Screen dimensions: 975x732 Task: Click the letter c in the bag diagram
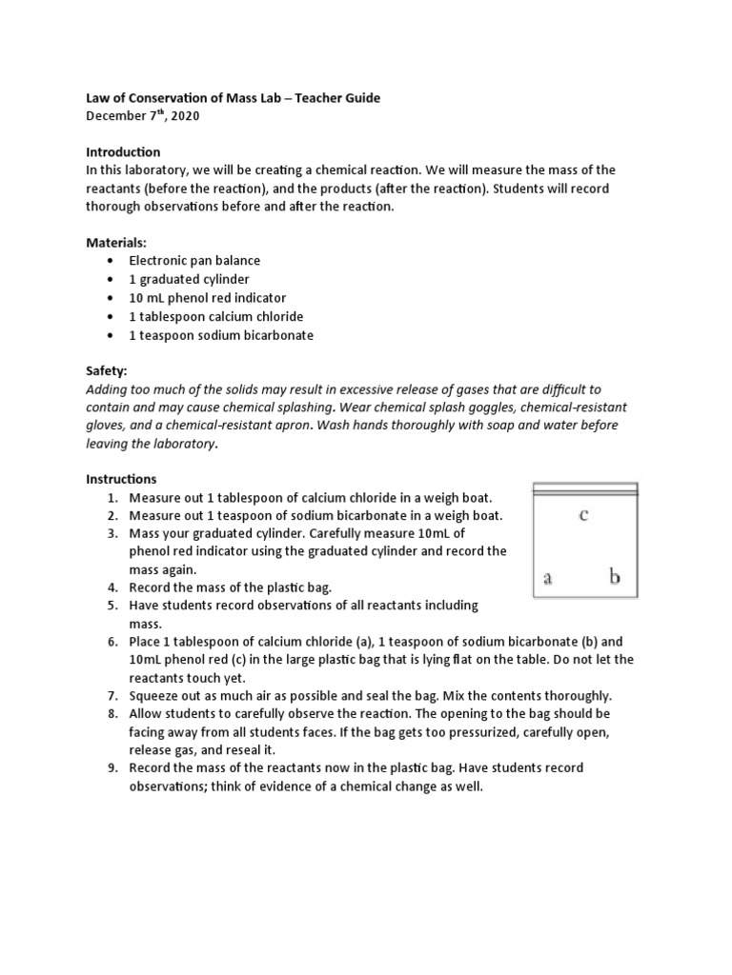click(583, 516)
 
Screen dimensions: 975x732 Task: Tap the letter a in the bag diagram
click(548, 577)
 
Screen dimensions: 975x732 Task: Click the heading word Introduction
click(123, 152)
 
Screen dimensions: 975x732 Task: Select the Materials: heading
click(117, 243)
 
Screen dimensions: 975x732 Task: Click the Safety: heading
click(106, 371)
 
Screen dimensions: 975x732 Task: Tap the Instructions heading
click(121, 479)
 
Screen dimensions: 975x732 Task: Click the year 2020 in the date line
click(184, 116)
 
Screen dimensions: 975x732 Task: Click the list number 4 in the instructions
click(112, 587)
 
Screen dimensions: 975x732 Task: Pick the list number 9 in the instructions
click(112, 767)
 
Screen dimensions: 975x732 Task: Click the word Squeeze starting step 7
click(153, 695)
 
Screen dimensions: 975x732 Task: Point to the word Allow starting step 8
click(146, 713)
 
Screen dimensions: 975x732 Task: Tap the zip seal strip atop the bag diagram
click(584, 489)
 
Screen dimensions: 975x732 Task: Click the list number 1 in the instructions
click(112, 498)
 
